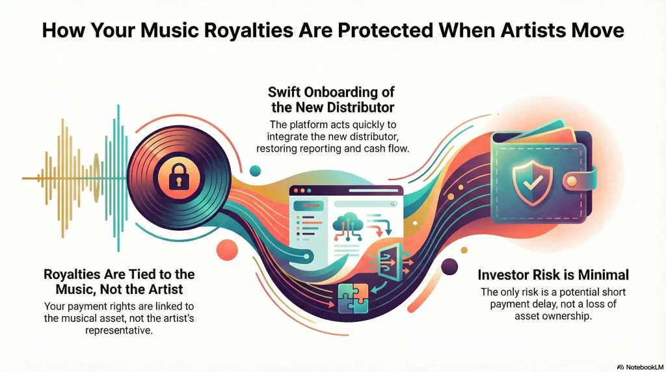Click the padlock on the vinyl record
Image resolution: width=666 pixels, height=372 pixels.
178,176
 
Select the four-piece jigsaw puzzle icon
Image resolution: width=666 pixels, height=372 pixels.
353,298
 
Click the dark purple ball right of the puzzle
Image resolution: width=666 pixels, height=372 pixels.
449,266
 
